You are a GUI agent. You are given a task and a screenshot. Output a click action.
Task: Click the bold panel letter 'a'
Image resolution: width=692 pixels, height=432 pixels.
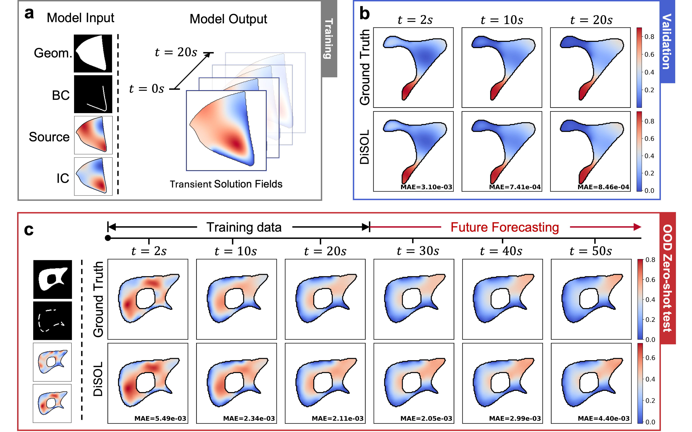29,14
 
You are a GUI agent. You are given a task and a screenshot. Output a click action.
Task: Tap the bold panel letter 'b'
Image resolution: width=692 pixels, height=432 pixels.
364,14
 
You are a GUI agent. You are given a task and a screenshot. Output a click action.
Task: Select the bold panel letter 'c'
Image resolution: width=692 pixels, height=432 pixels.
29,229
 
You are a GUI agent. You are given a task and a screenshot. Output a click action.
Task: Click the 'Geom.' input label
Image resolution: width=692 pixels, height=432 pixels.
53,53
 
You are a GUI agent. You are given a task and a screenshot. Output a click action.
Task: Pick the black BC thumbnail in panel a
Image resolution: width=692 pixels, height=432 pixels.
93,94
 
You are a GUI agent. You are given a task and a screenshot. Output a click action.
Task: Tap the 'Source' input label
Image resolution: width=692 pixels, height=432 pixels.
49,137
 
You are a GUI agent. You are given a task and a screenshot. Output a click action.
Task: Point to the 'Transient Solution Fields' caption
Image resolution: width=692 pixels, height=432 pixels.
226,184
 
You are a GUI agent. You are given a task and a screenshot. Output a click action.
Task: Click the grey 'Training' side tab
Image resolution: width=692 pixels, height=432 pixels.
329,39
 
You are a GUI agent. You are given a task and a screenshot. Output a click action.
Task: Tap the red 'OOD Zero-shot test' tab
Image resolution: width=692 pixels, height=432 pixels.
667,279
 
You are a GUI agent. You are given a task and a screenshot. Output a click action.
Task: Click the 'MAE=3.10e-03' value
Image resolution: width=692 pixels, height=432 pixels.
426,187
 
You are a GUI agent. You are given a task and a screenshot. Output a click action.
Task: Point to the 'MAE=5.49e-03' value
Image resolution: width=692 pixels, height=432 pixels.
160,419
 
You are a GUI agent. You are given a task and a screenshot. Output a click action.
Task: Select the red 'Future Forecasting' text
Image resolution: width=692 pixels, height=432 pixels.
505,228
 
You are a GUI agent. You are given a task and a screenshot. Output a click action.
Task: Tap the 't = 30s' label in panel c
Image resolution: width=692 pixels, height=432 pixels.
418,251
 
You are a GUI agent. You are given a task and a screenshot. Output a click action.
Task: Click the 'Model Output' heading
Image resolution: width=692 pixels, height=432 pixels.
228,19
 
